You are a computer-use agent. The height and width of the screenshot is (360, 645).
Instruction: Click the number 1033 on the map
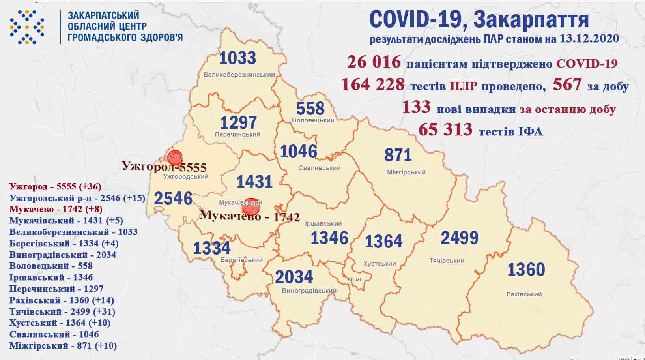pos(237,58)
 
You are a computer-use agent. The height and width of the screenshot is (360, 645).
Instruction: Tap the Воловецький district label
pos(313,120)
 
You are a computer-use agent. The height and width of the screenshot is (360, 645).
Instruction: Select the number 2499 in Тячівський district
pos(460,238)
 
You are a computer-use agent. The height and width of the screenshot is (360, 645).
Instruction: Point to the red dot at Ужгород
pos(174,157)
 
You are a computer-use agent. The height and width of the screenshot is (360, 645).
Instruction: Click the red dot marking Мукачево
pos(251,206)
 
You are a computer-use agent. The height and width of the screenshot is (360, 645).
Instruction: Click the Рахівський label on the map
pos(524,294)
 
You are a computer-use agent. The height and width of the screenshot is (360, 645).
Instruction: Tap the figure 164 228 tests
pos(373,84)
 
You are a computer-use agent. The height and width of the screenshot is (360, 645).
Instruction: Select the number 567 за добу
pos(567,84)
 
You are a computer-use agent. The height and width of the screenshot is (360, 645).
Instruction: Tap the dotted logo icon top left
pos(27,27)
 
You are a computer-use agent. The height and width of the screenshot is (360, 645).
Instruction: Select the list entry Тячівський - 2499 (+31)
pos(62,311)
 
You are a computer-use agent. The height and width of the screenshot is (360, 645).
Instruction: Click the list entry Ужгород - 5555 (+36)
pos(56,186)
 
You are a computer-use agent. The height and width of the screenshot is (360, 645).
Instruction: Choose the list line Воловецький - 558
pos(51,266)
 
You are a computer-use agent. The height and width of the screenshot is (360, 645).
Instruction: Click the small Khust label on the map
pos(354,279)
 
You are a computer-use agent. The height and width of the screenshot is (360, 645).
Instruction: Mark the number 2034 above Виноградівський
pos(294,277)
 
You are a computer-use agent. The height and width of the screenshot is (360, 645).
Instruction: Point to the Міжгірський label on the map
pos(406,172)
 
